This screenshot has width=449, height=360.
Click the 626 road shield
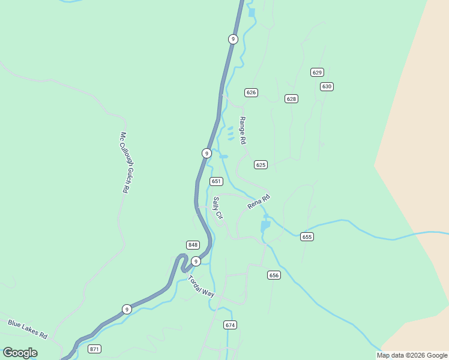[x=251, y=92]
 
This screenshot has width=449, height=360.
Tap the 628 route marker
[x=291, y=98]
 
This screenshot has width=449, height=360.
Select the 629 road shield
[x=318, y=72]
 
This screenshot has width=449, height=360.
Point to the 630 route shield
[x=327, y=86]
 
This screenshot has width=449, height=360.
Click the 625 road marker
[x=261, y=164]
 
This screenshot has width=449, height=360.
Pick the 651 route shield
[x=217, y=181]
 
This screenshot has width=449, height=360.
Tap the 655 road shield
[x=307, y=237]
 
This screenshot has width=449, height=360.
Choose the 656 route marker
[x=274, y=275]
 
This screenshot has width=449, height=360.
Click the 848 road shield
[x=193, y=245]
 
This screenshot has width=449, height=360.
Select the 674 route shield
[x=231, y=325]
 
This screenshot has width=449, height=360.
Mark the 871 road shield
[x=94, y=349]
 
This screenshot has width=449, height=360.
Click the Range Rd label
[x=243, y=130]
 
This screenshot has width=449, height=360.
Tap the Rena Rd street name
[x=259, y=202]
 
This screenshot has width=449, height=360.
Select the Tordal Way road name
[x=201, y=286]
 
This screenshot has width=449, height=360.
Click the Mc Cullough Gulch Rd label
[x=125, y=162]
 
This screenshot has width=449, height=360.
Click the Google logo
[x=20, y=353]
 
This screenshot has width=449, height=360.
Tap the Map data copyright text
[x=412, y=355]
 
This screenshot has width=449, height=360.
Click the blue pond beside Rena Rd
[x=265, y=226]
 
